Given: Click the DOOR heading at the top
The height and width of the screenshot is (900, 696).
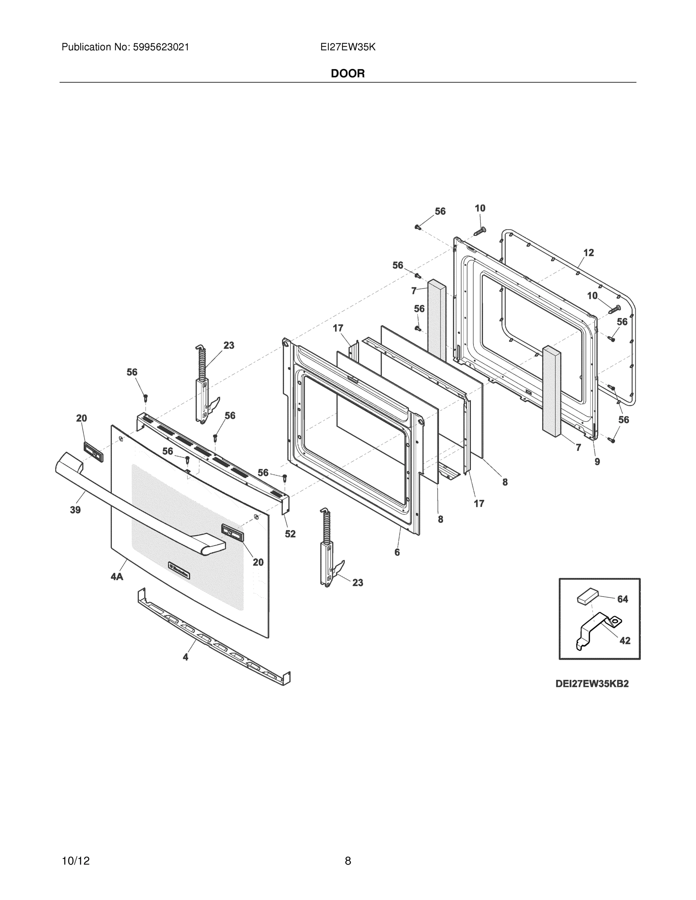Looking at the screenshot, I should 347,73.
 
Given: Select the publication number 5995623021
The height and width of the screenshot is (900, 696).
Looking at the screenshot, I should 161,47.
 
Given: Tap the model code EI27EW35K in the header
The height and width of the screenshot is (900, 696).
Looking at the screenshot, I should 347,47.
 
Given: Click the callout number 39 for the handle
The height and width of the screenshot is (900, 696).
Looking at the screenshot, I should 75,510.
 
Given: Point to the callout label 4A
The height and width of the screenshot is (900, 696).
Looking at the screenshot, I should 117,576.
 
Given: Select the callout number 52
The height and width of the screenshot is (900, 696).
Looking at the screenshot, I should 290,534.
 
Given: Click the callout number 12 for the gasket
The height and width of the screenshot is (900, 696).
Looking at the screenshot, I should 588,253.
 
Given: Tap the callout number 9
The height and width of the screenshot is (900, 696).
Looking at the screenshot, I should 597,462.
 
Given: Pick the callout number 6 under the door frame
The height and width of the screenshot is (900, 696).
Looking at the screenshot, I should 397,552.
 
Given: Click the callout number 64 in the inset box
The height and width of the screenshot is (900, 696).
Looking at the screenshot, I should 622,599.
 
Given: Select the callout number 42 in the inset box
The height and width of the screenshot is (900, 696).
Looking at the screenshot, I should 625,640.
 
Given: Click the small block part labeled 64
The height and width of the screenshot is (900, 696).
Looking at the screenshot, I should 587,596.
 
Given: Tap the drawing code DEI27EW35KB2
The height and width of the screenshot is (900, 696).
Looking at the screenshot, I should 592,684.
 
